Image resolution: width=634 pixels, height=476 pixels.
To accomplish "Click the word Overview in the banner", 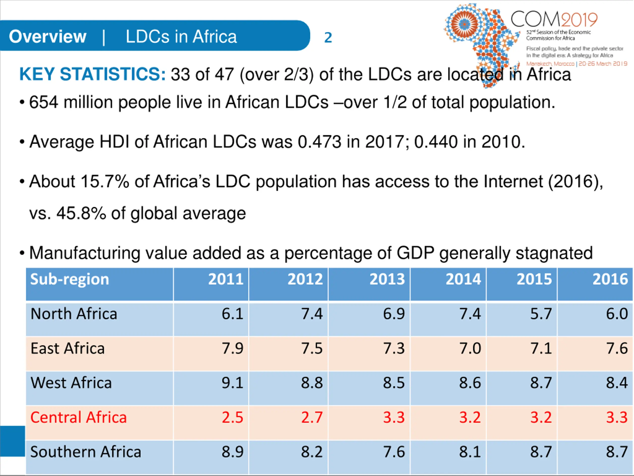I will pyautogui.click(x=48, y=36).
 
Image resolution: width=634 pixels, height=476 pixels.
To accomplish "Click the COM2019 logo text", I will pyautogui.click(x=554, y=19).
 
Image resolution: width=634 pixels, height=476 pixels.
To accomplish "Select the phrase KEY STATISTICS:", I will pyautogui.click(x=92, y=74).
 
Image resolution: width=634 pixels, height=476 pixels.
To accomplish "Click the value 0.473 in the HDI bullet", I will pyautogui.click(x=319, y=142).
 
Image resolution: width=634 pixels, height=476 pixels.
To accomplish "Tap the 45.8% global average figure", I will pyautogui.click(x=81, y=213).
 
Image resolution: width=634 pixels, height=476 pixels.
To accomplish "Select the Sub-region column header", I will pyautogui.click(x=70, y=279).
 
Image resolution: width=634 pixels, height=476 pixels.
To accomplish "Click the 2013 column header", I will pyautogui.click(x=387, y=279).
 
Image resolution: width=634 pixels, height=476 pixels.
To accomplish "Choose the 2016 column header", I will pyautogui.click(x=610, y=279).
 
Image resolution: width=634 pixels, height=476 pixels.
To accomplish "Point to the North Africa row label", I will pyautogui.click(x=74, y=314).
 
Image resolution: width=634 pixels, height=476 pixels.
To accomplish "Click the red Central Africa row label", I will pyautogui.click(x=79, y=417).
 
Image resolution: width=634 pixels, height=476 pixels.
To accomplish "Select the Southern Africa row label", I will pyautogui.click(x=86, y=452).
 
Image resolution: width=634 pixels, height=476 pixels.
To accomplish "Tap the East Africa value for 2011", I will pyautogui.click(x=232, y=348).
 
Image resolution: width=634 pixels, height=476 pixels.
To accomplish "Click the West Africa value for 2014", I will pyautogui.click(x=470, y=383).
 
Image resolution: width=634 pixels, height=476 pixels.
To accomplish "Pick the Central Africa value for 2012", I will pyautogui.click(x=312, y=417).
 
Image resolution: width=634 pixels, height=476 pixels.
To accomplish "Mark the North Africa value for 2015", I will pyautogui.click(x=541, y=314).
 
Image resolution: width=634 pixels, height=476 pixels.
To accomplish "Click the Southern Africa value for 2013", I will pyautogui.click(x=394, y=452).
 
